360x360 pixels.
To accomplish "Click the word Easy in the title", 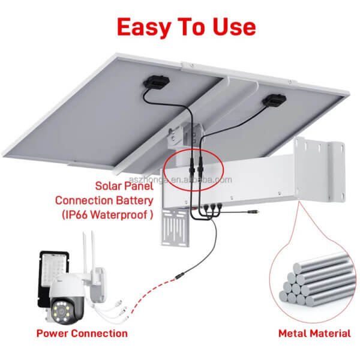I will [142, 27].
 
